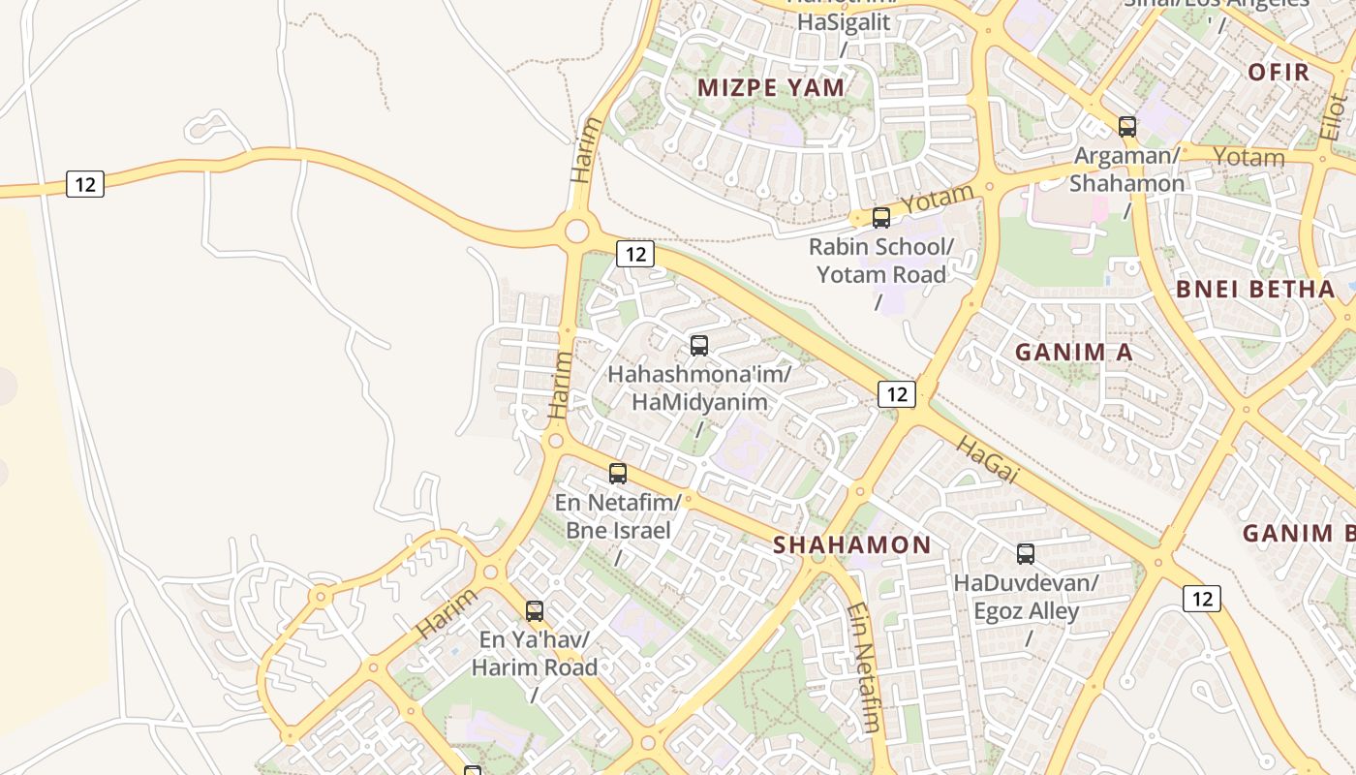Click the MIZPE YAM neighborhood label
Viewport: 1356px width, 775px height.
coord(772,88)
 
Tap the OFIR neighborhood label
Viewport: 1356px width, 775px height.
coord(1279,73)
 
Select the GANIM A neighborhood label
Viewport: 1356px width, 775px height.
coord(1073,353)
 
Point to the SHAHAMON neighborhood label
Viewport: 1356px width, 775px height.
coord(852,545)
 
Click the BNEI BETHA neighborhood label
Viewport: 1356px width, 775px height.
coord(1255,290)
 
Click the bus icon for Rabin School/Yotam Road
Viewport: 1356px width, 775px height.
coord(881,218)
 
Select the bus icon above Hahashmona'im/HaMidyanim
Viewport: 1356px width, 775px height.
coord(699,346)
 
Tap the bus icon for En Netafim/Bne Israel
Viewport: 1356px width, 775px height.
coord(618,474)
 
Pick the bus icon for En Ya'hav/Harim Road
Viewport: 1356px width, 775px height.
coord(535,611)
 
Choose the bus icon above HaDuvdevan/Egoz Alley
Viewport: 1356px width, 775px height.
coord(1026,554)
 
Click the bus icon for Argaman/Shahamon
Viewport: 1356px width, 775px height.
coord(1127,126)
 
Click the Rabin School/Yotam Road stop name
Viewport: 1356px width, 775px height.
coord(881,261)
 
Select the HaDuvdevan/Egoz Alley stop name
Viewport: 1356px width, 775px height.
coord(1026,598)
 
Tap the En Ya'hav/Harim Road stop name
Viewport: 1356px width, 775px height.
coord(535,654)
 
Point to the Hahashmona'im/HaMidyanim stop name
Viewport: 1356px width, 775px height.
coord(699,387)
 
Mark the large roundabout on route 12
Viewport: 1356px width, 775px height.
coord(577,231)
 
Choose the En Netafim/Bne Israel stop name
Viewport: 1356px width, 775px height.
coord(618,516)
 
